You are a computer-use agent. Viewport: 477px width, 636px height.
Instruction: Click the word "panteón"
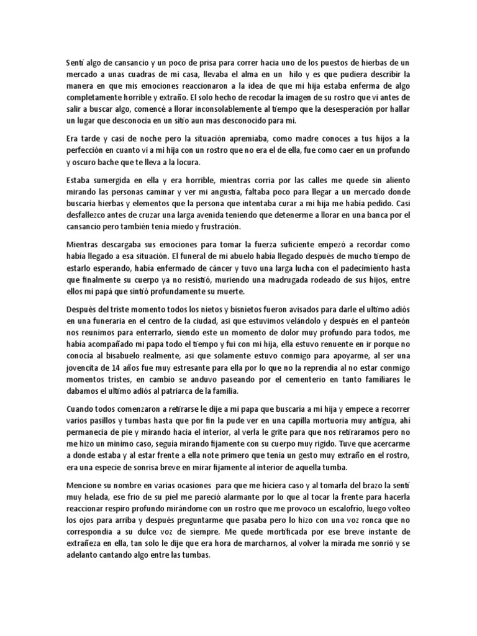pos(391,321)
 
